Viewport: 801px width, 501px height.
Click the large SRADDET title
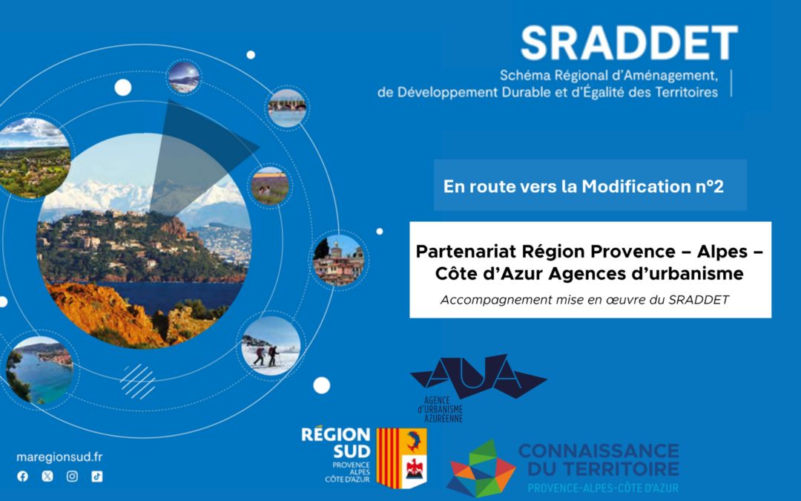(x=629, y=44)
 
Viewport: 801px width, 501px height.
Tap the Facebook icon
(x=22, y=477)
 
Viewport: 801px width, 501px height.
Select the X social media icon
(x=47, y=477)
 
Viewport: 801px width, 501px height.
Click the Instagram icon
(x=72, y=477)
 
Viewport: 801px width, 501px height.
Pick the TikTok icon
(x=96, y=477)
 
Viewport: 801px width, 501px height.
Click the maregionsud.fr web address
(x=59, y=457)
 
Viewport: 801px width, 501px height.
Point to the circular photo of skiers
(x=271, y=346)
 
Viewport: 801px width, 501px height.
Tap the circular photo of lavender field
(x=270, y=186)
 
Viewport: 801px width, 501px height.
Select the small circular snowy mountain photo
(x=183, y=77)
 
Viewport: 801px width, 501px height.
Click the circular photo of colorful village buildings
(x=338, y=261)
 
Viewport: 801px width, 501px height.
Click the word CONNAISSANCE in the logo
(x=598, y=451)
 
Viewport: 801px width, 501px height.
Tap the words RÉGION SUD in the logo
(x=336, y=442)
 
